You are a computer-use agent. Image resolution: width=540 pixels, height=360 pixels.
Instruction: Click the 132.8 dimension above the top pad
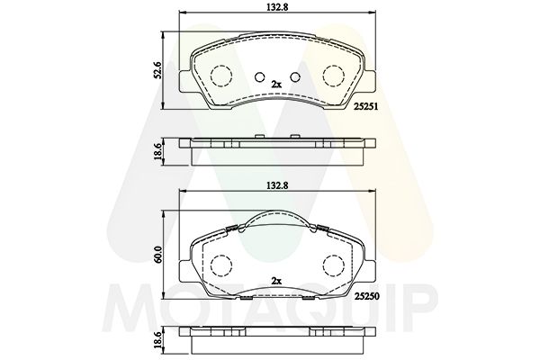(277, 7)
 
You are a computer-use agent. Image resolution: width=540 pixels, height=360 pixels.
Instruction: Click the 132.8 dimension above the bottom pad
(277, 185)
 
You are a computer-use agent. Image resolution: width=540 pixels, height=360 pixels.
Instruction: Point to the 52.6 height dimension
(158, 70)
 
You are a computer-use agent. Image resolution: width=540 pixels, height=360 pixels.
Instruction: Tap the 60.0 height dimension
(158, 255)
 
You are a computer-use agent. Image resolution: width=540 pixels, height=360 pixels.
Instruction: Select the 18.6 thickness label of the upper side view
(158, 151)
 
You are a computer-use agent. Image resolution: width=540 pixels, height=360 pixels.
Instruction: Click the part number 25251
(366, 107)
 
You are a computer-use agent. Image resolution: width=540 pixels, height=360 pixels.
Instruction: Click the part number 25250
(367, 296)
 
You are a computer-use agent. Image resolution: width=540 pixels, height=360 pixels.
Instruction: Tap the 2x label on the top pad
(276, 84)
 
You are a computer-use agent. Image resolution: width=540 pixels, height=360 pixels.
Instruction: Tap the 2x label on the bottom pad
(276, 281)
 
